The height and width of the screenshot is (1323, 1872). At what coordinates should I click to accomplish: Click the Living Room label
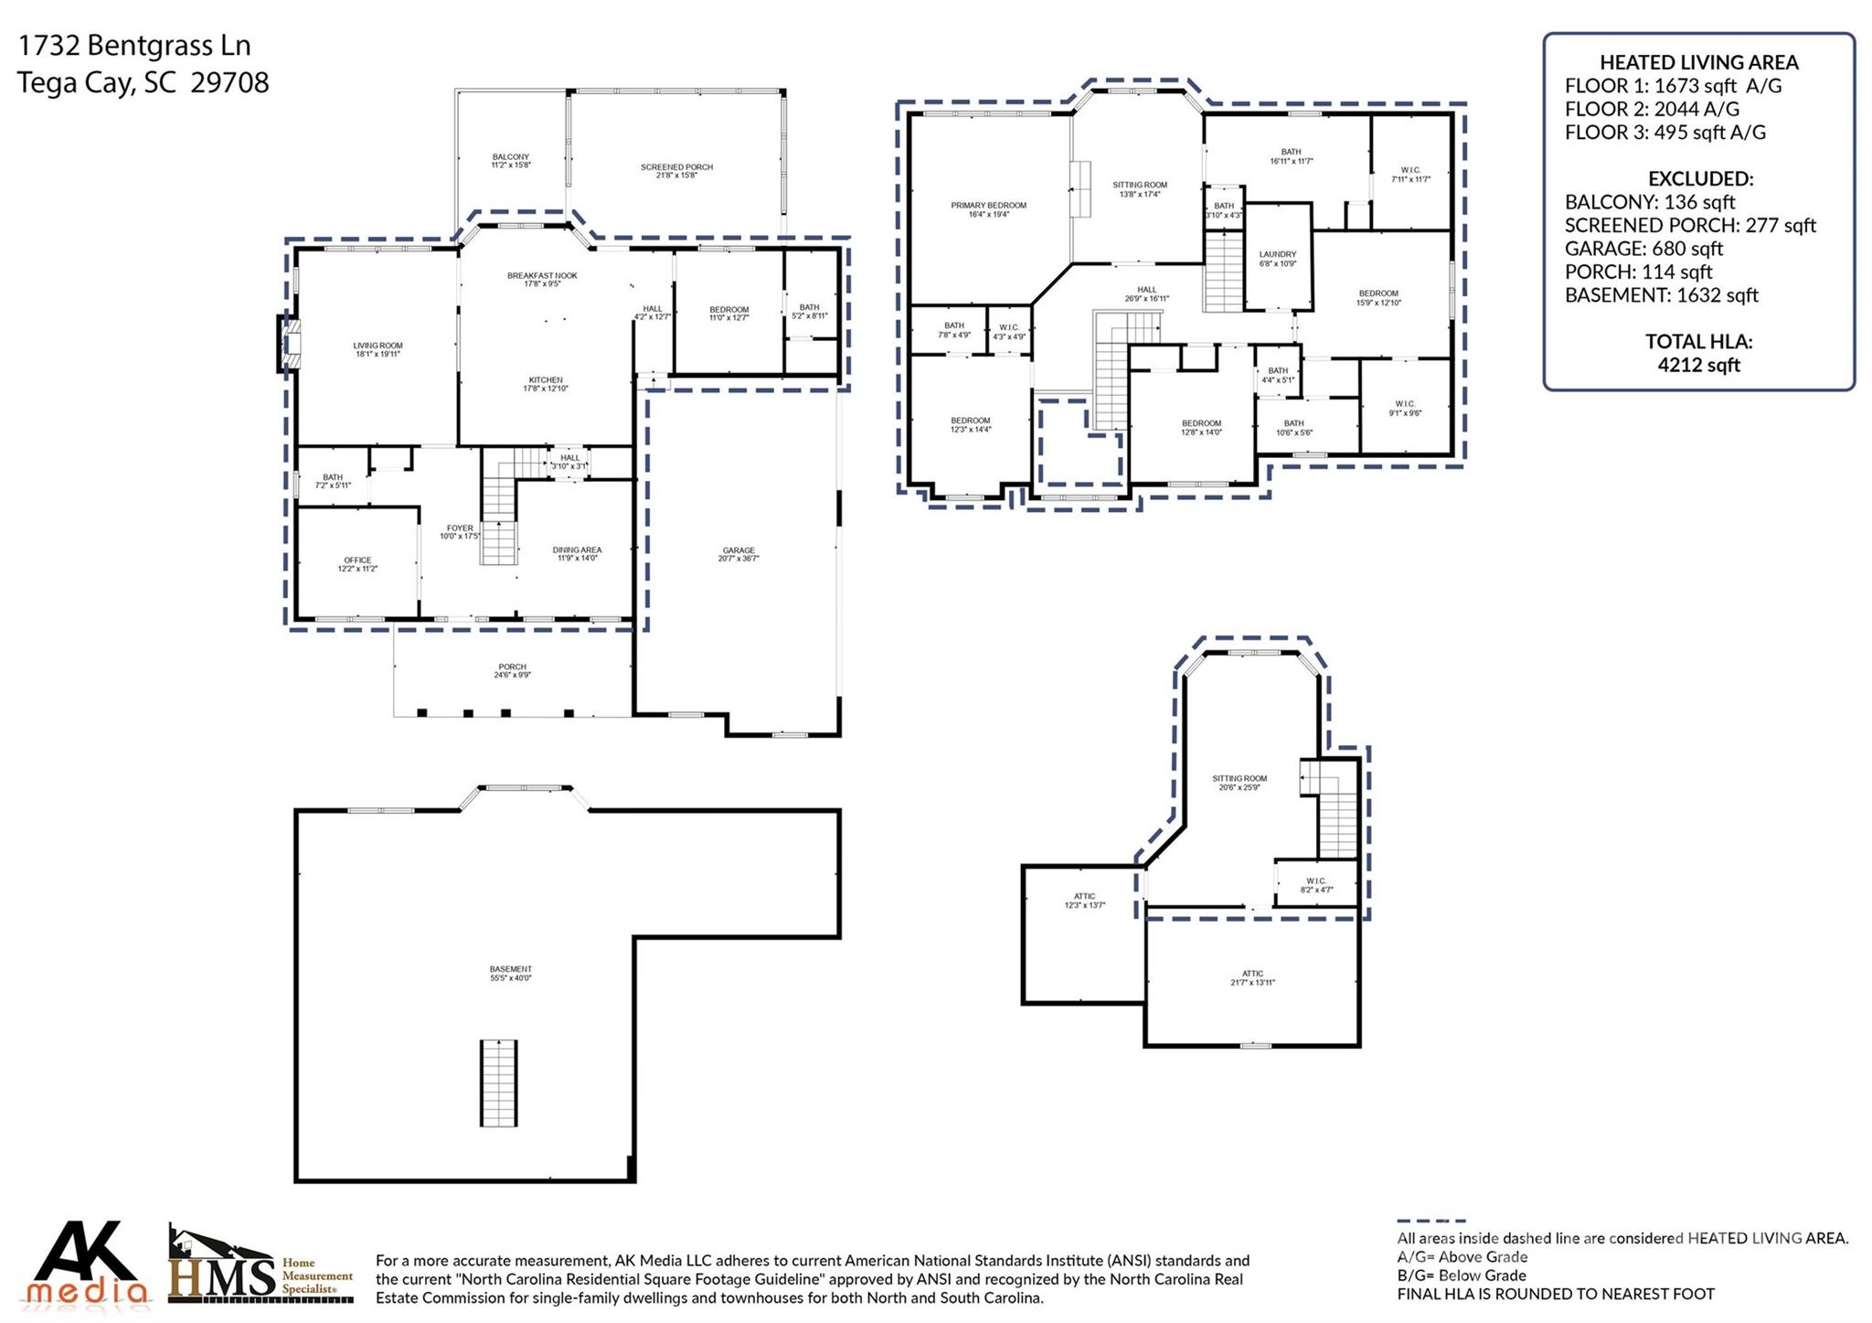tap(378, 349)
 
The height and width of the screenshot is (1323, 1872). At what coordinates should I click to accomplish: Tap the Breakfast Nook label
tap(542, 279)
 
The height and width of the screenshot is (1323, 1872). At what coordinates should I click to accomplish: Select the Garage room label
tap(738, 554)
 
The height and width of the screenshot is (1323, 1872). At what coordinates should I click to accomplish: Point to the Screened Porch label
tap(676, 170)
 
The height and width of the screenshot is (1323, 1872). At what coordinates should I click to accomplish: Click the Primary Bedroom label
tap(988, 209)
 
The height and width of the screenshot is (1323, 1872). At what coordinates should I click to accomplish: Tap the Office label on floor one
tap(357, 564)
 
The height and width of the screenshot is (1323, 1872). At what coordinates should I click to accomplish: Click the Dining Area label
tap(577, 553)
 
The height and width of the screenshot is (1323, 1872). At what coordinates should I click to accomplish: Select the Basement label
tap(510, 973)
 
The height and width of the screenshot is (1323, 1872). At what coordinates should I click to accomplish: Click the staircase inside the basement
tap(498, 1083)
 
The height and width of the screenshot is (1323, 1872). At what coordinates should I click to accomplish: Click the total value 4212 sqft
tap(1698, 365)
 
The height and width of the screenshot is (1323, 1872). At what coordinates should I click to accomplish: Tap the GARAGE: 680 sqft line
tap(1643, 249)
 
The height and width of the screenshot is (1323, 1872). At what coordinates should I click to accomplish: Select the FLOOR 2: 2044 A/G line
tap(1651, 109)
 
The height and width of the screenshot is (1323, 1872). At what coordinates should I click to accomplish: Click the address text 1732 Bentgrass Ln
tap(134, 46)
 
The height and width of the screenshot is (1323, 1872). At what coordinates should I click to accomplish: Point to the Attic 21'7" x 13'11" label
tap(1251, 977)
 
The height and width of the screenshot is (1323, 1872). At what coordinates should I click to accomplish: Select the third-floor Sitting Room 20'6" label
tap(1239, 782)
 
